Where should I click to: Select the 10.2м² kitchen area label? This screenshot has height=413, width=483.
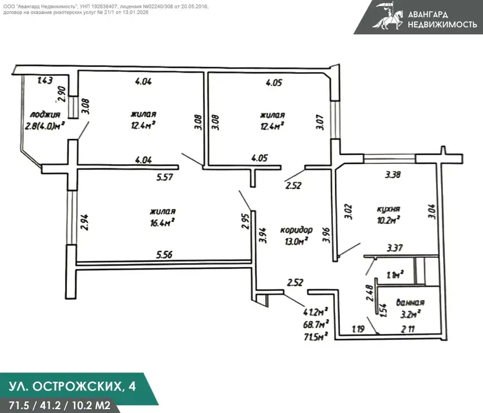(x=388, y=220)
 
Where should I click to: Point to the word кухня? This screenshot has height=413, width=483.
(x=389, y=209)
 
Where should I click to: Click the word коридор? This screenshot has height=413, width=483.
(x=296, y=230)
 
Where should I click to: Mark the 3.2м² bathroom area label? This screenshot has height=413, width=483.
(x=410, y=314)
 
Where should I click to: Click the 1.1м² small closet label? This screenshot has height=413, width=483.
(x=394, y=274)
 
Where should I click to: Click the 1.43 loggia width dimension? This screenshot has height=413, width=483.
(x=44, y=80)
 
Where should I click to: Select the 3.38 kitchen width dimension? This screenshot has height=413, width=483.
(x=394, y=174)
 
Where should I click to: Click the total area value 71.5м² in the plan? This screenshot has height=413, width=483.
(x=317, y=335)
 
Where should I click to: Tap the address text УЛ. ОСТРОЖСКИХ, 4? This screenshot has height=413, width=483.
(x=71, y=387)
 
